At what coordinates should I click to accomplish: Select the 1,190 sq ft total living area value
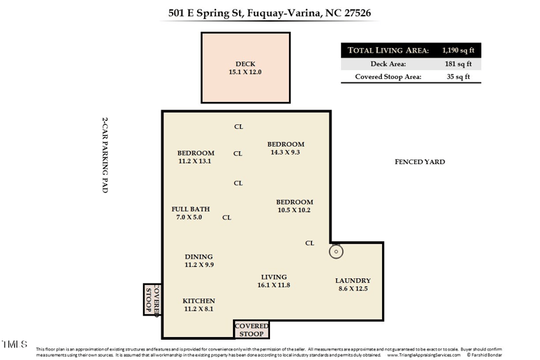458,50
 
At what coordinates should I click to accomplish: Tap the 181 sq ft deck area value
458,64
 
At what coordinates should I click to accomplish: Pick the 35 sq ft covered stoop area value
458,77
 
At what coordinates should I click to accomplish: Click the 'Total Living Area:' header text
388,50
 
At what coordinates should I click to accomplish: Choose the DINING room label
198,257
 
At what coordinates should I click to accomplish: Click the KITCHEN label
198,301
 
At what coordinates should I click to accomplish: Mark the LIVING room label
273,277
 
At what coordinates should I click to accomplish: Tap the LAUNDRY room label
353,281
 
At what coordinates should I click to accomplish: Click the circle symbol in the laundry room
336,252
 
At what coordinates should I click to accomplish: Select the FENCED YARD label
419,162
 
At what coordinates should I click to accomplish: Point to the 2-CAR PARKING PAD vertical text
105,155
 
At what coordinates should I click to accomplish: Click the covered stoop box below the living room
251,329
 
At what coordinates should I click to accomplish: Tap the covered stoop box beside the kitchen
153,299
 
